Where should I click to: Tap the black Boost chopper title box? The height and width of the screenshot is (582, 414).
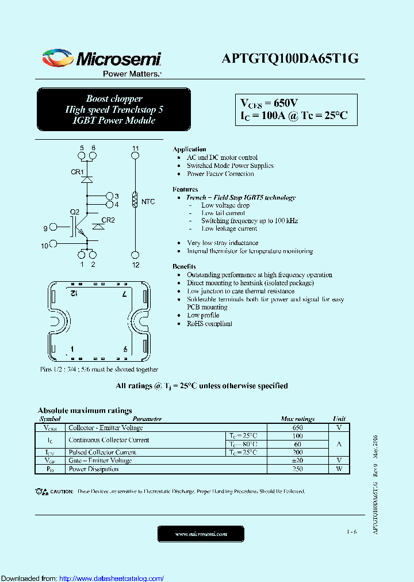[114, 109]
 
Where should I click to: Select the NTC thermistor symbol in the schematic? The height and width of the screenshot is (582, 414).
[135, 200]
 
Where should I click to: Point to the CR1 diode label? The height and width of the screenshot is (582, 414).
[77, 172]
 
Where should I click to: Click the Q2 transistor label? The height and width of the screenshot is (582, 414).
[75, 212]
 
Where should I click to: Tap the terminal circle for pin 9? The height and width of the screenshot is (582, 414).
[53, 228]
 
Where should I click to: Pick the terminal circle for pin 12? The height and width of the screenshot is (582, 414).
[135, 254]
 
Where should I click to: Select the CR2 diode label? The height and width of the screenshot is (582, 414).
[108, 220]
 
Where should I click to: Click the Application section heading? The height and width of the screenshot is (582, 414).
[189, 150]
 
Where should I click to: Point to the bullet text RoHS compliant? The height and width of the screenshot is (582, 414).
[209, 324]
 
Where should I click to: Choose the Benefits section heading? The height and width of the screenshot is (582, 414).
[184, 267]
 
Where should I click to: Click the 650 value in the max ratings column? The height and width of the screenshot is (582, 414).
[297, 428]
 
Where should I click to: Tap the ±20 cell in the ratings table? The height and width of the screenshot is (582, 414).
[297, 461]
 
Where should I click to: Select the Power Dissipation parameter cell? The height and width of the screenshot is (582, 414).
[94, 469]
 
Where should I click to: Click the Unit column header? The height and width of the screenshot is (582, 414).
[339, 419]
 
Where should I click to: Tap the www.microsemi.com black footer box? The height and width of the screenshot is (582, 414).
[201, 534]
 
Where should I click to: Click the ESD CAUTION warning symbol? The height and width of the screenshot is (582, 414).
[41, 492]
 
